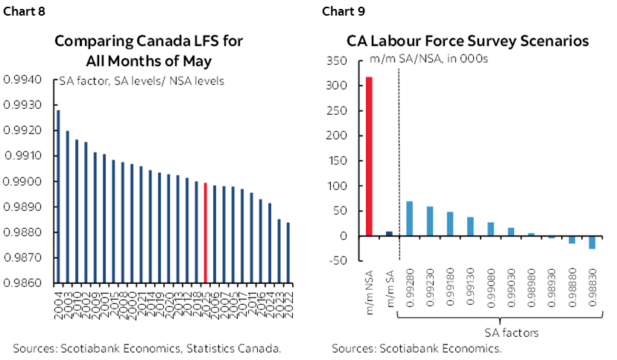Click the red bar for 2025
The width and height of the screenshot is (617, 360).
[x=205, y=233]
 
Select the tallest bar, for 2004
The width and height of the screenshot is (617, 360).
[x=58, y=197]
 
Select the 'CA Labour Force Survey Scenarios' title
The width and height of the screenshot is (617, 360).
[x=468, y=41]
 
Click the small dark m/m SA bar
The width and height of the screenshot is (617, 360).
[x=389, y=233]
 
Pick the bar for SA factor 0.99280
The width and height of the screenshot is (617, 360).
[x=409, y=218]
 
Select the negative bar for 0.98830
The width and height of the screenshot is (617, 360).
[x=592, y=242]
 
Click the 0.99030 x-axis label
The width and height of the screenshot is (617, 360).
[x=511, y=291]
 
